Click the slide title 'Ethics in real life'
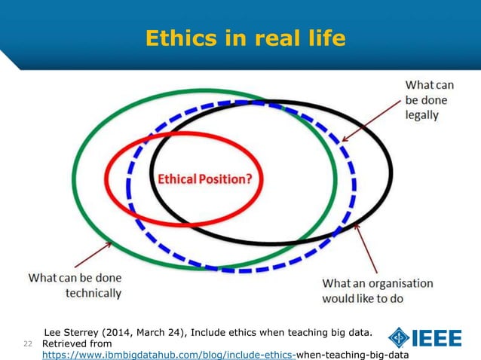click(x=245, y=38)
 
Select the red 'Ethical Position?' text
click(x=204, y=179)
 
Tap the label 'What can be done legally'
click(x=429, y=100)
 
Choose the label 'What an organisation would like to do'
click(x=377, y=291)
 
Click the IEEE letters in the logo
click(x=437, y=338)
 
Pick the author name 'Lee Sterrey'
click(x=75, y=331)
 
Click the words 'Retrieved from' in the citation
click(x=75, y=343)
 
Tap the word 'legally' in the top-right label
click(x=422, y=116)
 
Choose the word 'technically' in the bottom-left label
click(x=93, y=292)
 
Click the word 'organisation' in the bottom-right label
click(x=400, y=283)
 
